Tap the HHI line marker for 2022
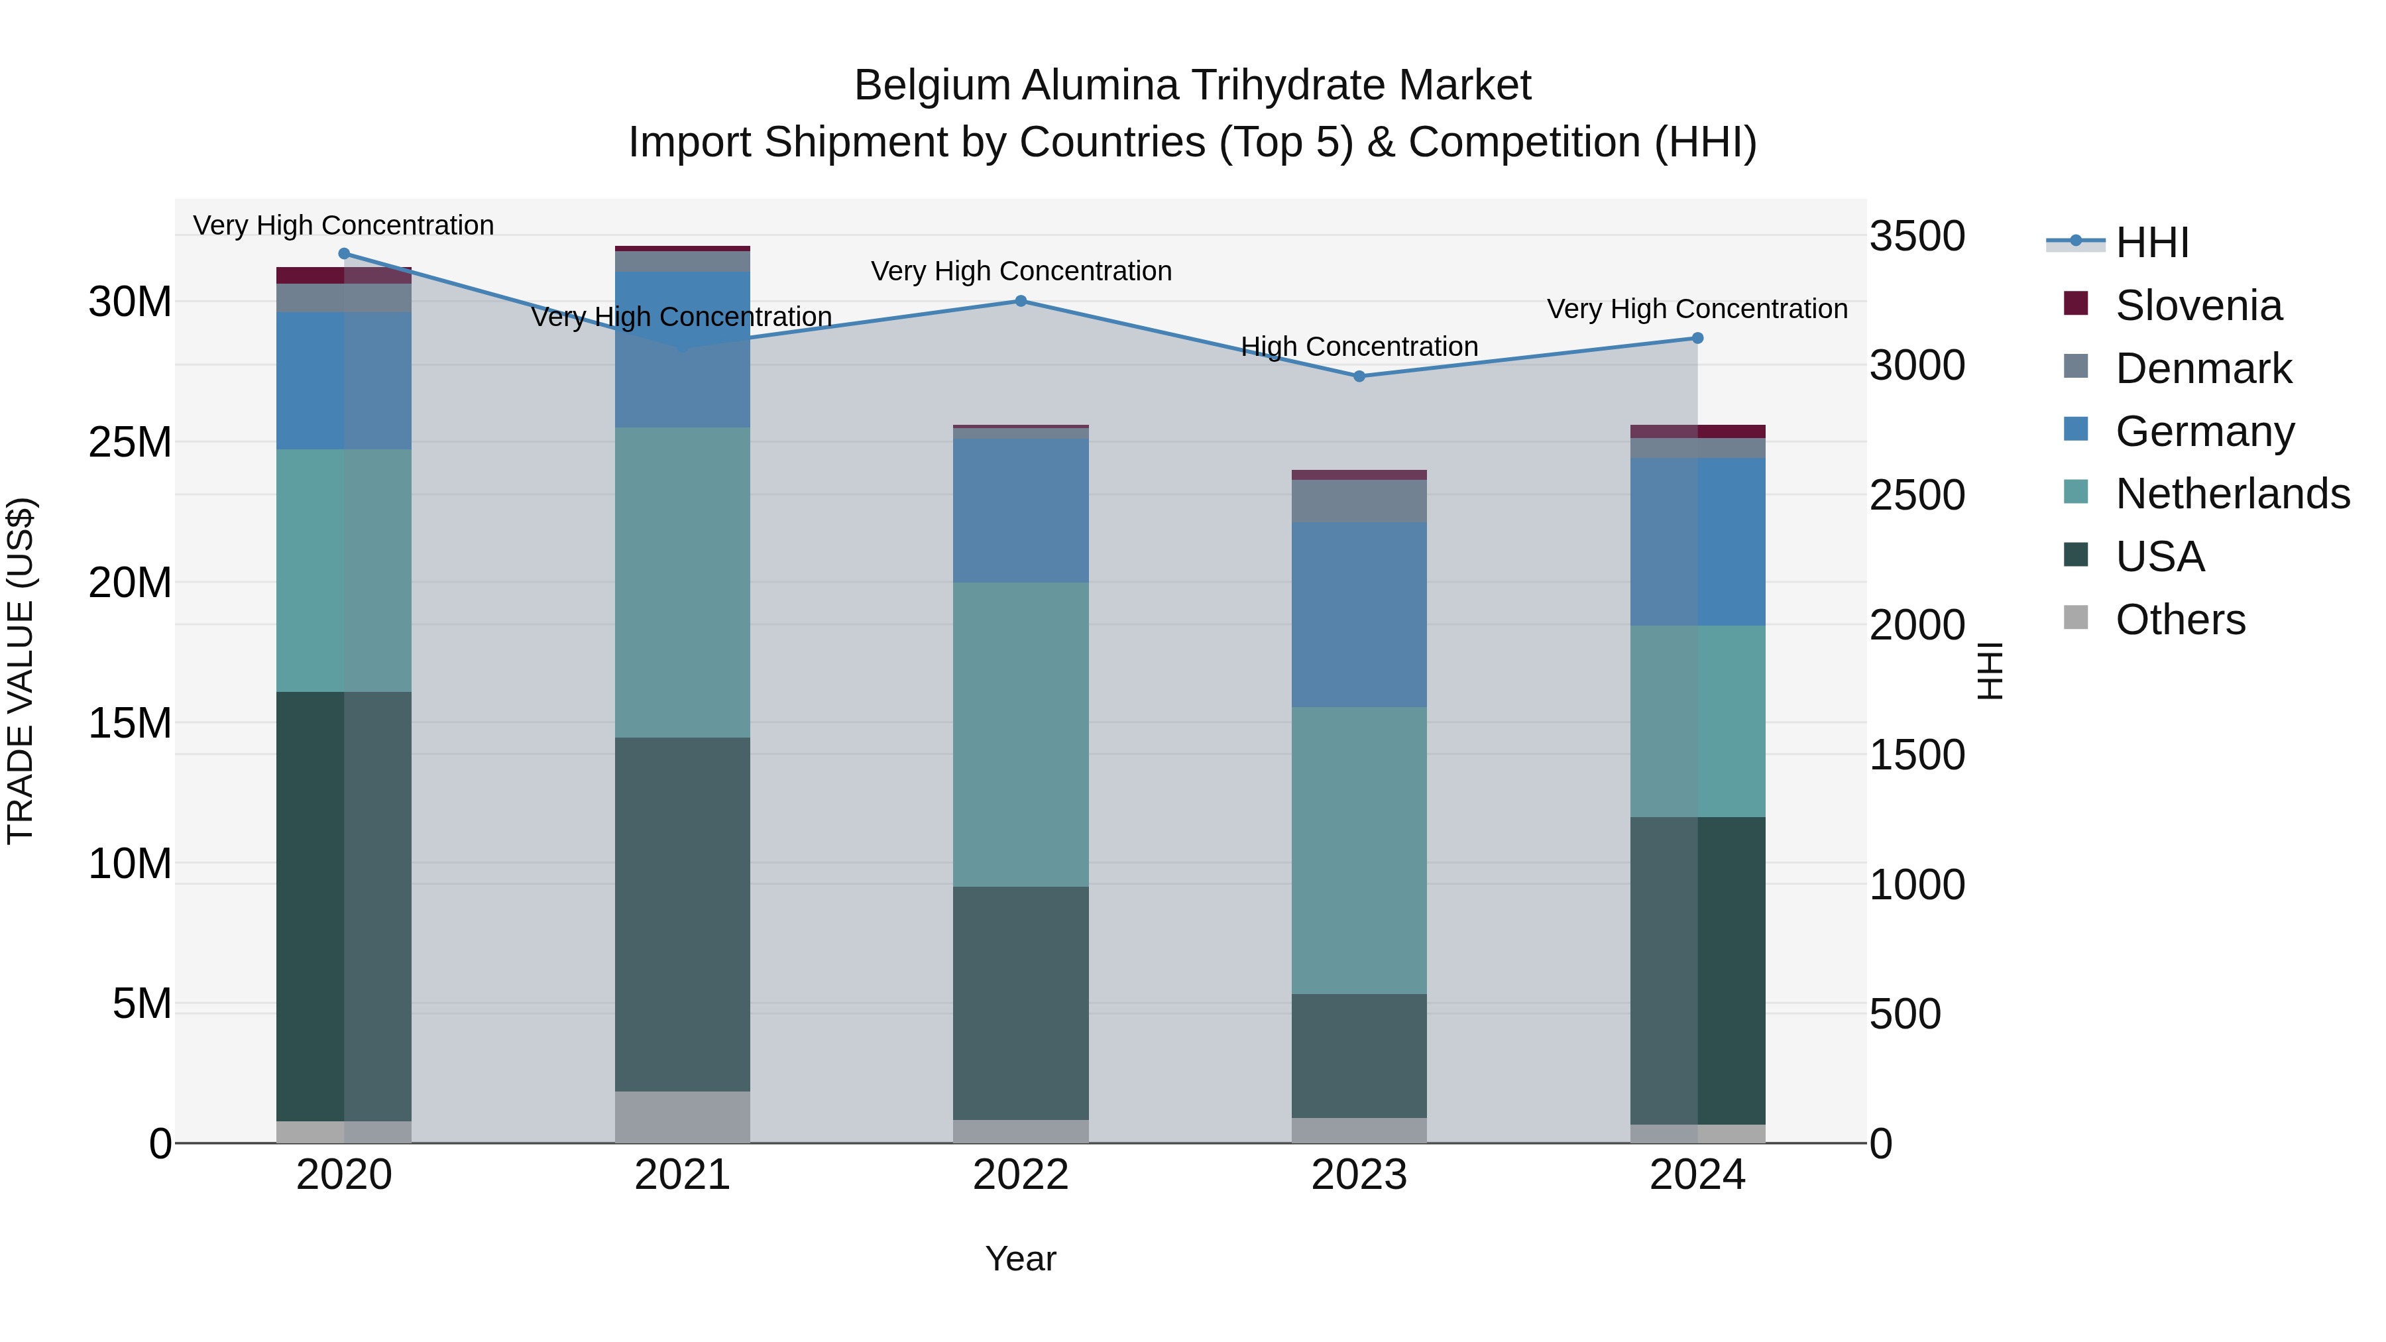(1021, 301)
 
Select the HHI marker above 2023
(1359, 376)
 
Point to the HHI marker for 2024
(1697, 338)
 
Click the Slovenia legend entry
(2198, 306)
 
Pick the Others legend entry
(2179, 620)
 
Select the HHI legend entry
(2151, 243)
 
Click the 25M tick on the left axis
(130, 443)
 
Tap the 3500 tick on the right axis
(1916, 236)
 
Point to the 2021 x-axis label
(682, 1175)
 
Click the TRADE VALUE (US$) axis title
(21, 671)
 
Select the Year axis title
(1020, 1258)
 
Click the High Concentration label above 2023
(1359, 347)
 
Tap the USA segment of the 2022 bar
(1021, 1003)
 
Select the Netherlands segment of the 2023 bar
(1359, 850)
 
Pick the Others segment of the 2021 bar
(682, 1117)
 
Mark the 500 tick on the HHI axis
(1904, 1014)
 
